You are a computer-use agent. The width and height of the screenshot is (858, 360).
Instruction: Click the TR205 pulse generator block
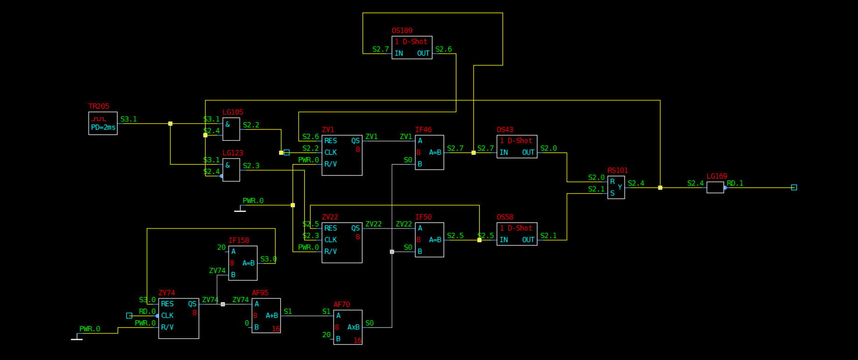103,123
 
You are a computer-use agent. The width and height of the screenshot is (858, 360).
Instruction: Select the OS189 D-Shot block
412,48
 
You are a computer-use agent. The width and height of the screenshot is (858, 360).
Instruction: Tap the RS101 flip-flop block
616,187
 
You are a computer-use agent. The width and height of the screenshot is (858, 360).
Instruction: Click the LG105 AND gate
231,129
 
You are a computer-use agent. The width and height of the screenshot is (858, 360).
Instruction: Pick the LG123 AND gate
231,170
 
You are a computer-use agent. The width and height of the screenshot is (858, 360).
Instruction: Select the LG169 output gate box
715,187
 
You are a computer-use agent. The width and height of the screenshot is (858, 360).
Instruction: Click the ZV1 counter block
342,155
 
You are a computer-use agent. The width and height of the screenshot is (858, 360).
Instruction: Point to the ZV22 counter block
342,242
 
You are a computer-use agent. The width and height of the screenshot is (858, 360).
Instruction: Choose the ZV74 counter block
178,318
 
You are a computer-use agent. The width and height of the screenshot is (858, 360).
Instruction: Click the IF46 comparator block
429,152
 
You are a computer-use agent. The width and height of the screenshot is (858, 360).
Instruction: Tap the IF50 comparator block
429,240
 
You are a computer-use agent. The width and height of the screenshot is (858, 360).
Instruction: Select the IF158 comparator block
243,263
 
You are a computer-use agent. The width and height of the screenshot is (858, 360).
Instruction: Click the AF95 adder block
266,316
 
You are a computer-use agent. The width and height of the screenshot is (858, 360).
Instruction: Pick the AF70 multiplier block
348,327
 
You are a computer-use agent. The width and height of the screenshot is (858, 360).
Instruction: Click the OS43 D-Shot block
516,146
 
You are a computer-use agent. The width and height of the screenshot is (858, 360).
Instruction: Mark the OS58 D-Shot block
516,234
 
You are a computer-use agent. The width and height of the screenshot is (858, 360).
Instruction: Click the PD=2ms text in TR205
103,127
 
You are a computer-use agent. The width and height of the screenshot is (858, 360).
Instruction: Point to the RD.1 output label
735,183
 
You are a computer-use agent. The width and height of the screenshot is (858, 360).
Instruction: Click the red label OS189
402,31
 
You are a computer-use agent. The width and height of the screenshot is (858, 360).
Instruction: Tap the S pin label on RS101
612,193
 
